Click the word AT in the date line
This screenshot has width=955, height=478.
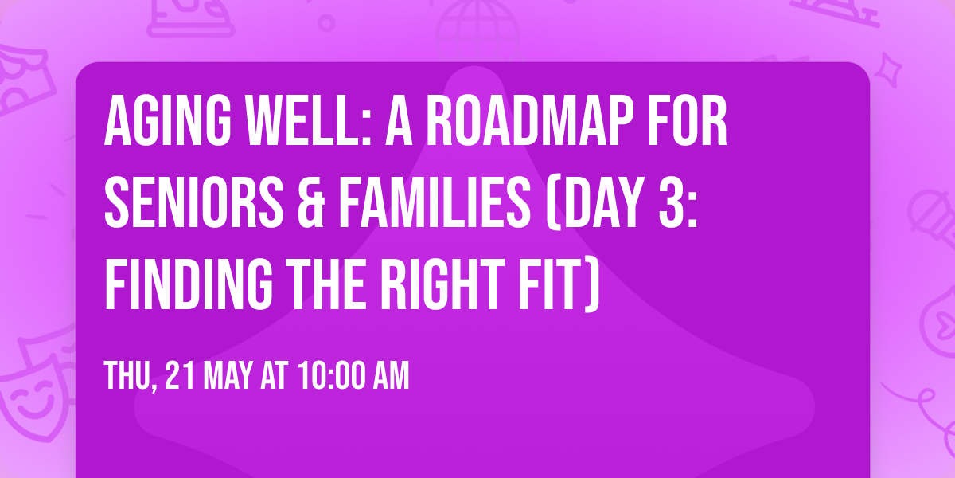[x=271, y=376]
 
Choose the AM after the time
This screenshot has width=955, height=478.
[x=389, y=376]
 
